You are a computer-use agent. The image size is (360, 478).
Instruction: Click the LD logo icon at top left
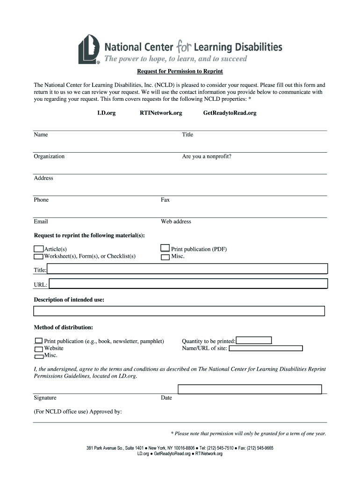(x=89, y=49)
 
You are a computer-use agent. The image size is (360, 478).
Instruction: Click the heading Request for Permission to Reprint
(x=180, y=71)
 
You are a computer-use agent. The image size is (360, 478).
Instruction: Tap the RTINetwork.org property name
(x=161, y=113)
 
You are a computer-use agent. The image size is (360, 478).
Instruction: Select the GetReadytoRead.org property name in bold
(x=230, y=113)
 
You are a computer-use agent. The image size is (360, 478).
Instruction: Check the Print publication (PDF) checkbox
(x=165, y=248)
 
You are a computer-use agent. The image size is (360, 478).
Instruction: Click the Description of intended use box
(x=179, y=311)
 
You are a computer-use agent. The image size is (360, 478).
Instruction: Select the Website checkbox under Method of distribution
(x=38, y=349)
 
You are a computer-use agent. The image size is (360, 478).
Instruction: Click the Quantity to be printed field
(x=253, y=341)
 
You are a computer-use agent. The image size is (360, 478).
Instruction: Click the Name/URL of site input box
(x=266, y=348)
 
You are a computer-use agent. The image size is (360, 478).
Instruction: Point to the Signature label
(x=45, y=398)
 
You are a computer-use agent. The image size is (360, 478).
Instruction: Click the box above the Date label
(x=250, y=389)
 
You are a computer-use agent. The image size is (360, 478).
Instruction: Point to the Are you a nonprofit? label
(x=207, y=156)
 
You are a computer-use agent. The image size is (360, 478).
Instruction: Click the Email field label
(x=41, y=222)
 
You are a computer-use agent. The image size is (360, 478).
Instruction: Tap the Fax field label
(x=165, y=200)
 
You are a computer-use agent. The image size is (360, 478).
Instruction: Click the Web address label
(x=176, y=222)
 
